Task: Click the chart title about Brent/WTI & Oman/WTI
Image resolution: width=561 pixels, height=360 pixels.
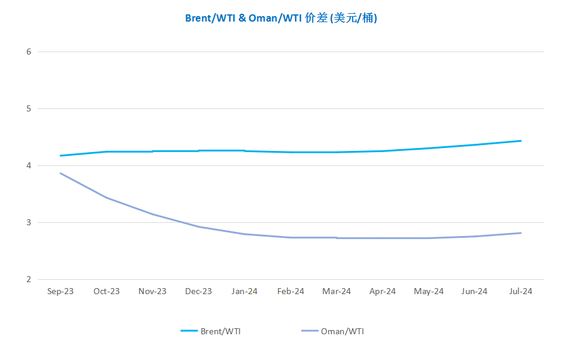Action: click(281, 18)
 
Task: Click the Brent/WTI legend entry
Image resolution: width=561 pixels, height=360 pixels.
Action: click(211, 331)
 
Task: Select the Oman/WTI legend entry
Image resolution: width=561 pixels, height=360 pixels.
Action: click(333, 331)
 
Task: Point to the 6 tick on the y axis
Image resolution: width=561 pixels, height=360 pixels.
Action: click(29, 52)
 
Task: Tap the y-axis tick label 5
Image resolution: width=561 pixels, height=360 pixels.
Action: click(29, 109)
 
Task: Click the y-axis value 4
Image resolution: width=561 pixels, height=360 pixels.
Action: click(29, 166)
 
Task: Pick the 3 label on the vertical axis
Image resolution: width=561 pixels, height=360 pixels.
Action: click(29, 223)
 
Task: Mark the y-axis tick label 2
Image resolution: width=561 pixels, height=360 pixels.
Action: click(29, 280)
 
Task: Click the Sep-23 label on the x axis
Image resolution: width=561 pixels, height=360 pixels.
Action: click(60, 292)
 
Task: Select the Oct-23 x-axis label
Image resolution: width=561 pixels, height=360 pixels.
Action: click(107, 292)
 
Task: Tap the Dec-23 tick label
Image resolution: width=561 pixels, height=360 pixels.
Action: click(199, 292)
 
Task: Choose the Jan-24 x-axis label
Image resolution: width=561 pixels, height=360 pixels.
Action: click(244, 292)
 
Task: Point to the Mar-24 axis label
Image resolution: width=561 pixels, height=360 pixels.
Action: click(336, 292)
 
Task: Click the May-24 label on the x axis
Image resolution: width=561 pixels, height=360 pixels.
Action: click(429, 292)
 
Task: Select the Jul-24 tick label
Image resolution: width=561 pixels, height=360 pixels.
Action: click(520, 292)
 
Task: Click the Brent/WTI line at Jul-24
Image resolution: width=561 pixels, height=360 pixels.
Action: click(520, 141)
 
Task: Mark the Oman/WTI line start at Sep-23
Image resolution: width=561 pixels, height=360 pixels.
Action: click(60, 174)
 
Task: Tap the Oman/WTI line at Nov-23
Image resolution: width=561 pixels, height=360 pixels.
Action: click(153, 214)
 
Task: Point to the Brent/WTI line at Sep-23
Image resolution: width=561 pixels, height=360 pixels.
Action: click(60, 156)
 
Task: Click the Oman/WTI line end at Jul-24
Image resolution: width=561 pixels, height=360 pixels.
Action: click(520, 234)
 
